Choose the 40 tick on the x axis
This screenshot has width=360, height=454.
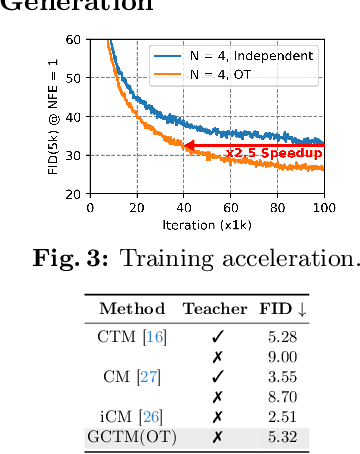183,207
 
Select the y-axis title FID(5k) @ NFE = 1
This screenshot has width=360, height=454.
52,117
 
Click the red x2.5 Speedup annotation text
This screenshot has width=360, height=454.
272,153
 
